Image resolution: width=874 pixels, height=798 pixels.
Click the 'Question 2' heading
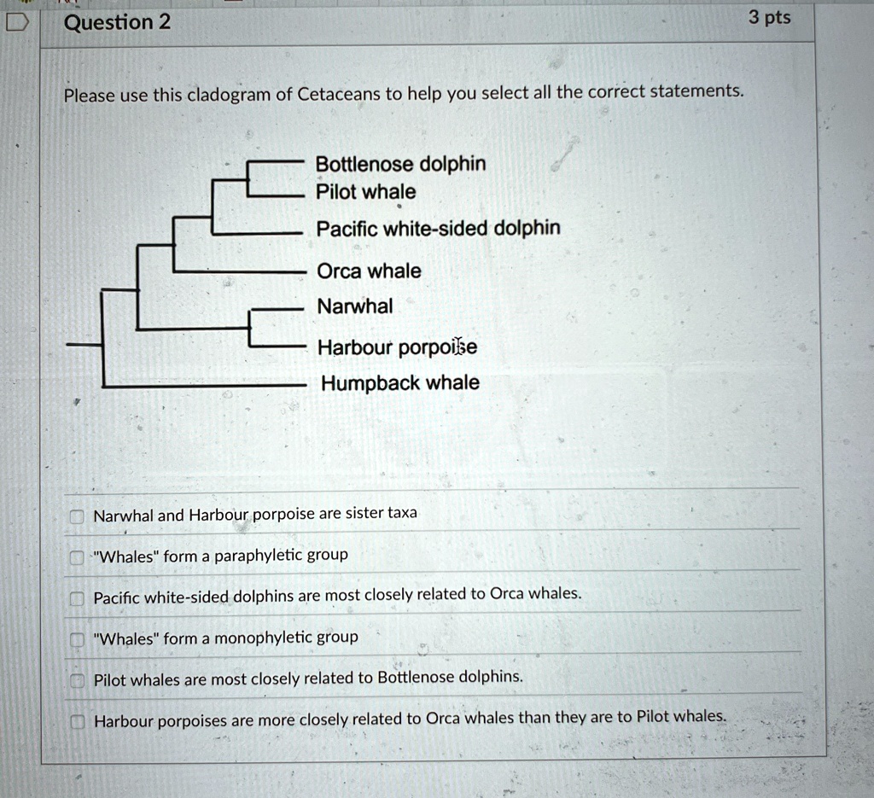(x=117, y=22)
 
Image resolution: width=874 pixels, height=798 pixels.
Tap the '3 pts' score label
(x=769, y=18)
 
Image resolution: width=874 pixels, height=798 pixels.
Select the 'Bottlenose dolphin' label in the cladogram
(x=400, y=164)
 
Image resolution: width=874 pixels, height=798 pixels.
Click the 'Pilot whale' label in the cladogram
(x=366, y=192)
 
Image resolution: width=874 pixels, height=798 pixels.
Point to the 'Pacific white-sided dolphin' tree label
(x=438, y=229)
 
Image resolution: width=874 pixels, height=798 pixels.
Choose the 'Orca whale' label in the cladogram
(x=369, y=271)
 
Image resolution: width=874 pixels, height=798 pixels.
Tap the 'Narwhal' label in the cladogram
(x=355, y=306)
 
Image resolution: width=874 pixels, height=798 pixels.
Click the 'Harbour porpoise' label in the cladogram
(x=397, y=347)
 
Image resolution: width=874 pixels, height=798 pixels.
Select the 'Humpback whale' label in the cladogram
(x=399, y=383)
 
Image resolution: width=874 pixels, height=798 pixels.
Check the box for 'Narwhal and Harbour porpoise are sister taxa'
(x=77, y=516)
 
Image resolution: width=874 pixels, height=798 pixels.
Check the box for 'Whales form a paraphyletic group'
(x=77, y=558)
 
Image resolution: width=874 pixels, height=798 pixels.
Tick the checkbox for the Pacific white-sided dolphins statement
(x=77, y=598)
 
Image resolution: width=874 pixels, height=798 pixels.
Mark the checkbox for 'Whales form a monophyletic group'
(x=77, y=640)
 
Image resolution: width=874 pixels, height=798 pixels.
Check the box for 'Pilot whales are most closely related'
(x=77, y=680)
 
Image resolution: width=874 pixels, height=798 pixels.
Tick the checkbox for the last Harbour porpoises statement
(x=77, y=722)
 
